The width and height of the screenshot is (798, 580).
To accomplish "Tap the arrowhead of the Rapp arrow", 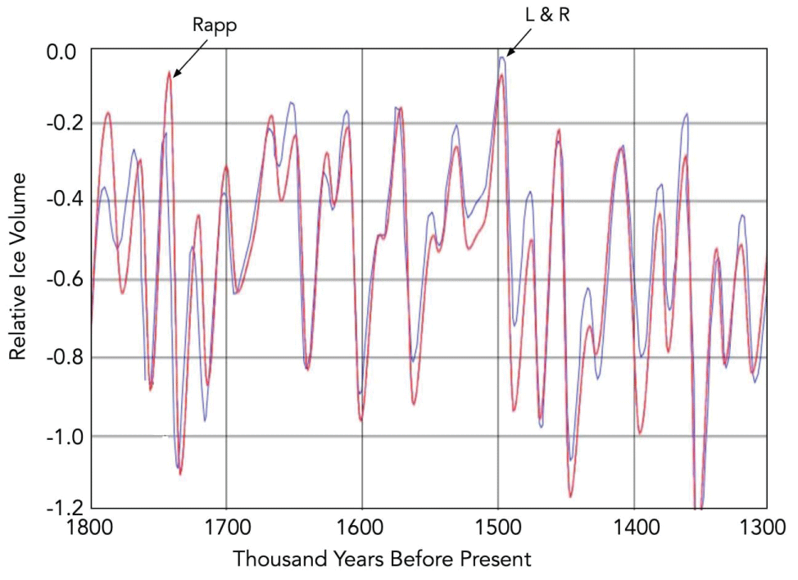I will [x=174, y=75].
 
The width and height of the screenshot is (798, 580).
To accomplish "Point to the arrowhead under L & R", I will [x=509, y=55].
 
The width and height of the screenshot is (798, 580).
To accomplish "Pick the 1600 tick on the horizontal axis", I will [x=361, y=528].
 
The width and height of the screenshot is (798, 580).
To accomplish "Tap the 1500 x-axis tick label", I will [x=497, y=528].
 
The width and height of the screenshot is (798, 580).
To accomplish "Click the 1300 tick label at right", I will [x=765, y=528].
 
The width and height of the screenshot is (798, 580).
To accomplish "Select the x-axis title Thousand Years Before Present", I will [x=383, y=560].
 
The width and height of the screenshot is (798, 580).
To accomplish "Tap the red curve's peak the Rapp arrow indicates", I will [x=169, y=73].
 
